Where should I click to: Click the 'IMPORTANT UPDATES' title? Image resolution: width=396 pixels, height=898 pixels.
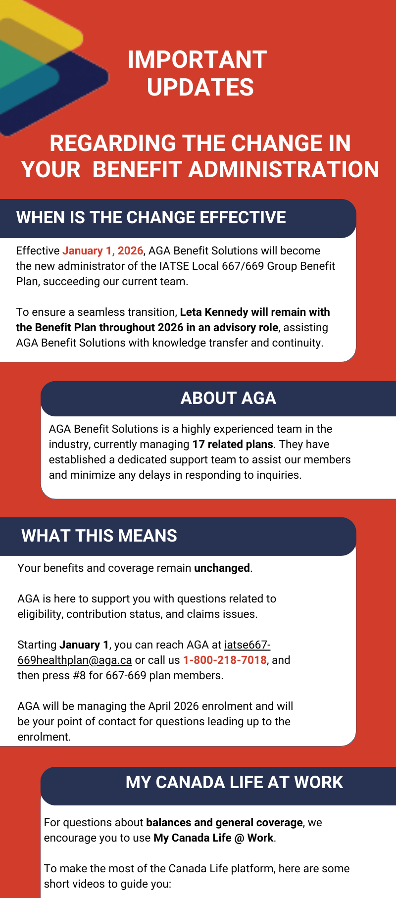[198, 73]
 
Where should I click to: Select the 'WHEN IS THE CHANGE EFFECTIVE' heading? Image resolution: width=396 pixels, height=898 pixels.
[151, 218]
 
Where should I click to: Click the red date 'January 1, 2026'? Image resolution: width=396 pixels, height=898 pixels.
[102, 251]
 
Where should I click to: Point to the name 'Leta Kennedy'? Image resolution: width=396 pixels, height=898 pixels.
[214, 312]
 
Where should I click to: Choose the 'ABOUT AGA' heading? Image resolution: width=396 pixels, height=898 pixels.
[228, 399]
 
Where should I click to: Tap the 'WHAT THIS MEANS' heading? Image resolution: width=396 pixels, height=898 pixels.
[99, 536]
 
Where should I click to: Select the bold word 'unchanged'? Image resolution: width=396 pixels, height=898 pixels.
[222, 568]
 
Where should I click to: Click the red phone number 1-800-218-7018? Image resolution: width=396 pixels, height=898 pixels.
[225, 660]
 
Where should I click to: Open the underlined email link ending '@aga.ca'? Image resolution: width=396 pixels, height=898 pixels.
[74, 660]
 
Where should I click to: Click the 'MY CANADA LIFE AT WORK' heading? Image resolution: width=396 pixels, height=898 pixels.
[234, 783]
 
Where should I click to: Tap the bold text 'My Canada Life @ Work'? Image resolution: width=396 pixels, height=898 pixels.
[213, 838]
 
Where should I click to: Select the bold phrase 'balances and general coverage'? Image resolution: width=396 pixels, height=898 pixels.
[224, 823]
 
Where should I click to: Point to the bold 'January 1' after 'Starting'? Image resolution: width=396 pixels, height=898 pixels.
[84, 645]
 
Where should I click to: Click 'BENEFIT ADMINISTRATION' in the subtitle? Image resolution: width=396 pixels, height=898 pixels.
[236, 170]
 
